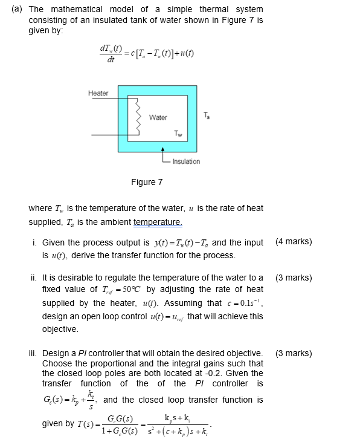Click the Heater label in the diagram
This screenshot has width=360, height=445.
(x=98, y=93)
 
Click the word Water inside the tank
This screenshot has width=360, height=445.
(x=158, y=117)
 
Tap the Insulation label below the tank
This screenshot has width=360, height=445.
(x=186, y=161)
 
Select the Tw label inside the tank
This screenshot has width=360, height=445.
(x=178, y=133)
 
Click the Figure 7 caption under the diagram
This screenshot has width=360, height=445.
(x=147, y=182)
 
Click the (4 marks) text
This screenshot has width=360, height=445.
(x=294, y=242)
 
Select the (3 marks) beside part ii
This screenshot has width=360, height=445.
(x=294, y=278)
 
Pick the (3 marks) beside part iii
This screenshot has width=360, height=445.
(x=294, y=353)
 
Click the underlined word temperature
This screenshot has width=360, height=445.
(x=158, y=222)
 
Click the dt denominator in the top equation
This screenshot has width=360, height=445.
(x=110, y=60)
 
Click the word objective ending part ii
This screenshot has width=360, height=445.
(x=60, y=330)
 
